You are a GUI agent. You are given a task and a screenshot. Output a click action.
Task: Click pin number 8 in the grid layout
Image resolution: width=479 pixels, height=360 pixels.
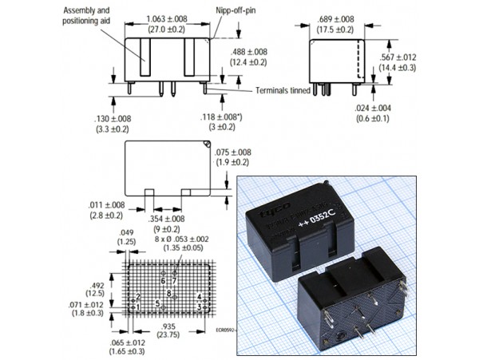[x=169, y=294]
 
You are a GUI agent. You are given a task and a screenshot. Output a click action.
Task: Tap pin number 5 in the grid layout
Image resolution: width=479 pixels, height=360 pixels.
[x=157, y=303]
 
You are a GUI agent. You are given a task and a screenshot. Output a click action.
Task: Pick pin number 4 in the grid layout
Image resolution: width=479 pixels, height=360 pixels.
[x=199, y=296]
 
